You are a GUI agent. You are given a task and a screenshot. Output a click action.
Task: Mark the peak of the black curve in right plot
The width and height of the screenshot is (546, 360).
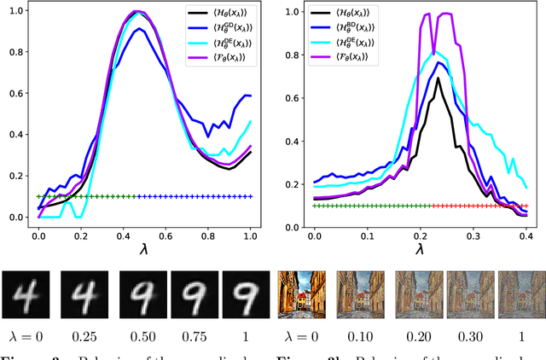coord(437,78)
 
